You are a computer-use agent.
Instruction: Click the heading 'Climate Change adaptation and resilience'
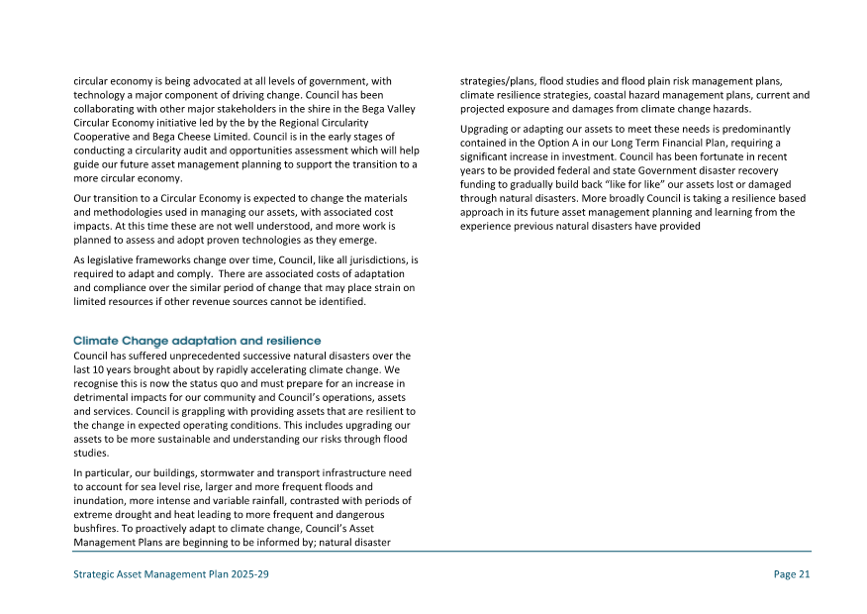tap(197, 341)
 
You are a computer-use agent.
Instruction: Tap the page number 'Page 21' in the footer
tap(792, 574)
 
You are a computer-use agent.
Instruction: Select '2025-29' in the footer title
tap(247, 574)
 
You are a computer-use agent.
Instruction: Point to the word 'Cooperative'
tap(103, 136)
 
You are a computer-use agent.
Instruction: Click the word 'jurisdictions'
tap(376, 259)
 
